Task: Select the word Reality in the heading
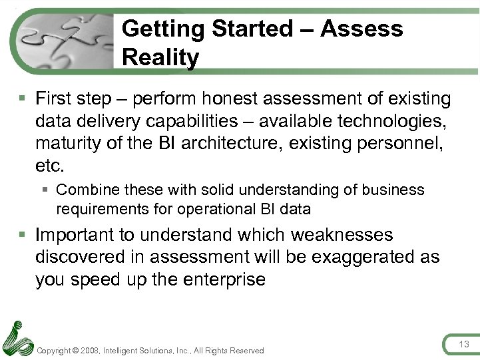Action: (x=160, y=58)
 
